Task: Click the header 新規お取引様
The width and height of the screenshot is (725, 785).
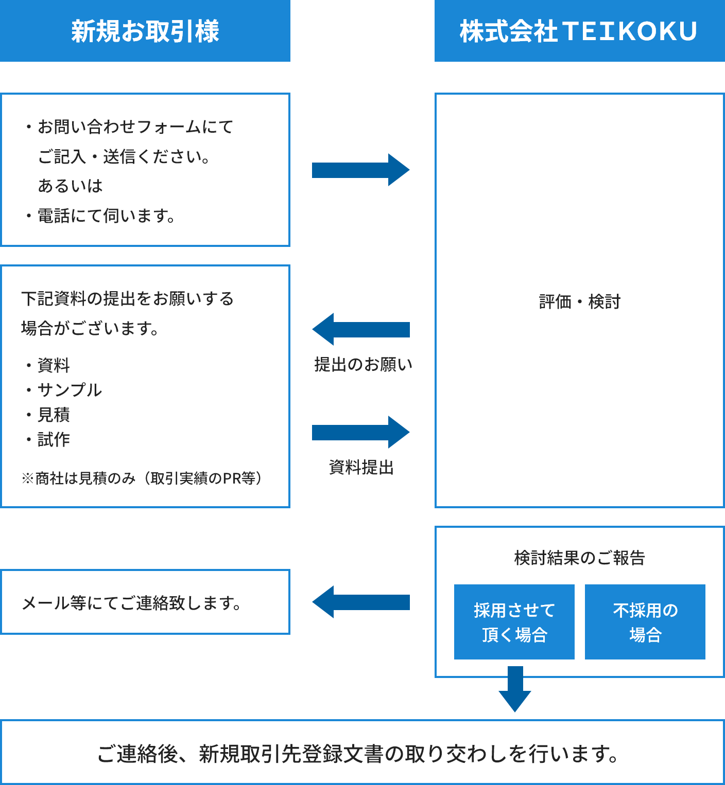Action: (145, 31)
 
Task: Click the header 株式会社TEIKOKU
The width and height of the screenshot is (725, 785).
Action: (579, 31)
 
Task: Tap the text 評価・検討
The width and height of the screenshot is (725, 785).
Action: (579, 301)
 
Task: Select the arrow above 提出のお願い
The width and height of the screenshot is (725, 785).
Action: (360, 329)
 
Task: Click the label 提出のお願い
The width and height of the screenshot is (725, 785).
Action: (363, 364)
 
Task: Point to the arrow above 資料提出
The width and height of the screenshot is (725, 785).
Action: (360, 432)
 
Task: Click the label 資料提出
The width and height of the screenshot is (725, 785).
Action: (361, 467)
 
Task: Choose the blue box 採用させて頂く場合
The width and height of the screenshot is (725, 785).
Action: (514, 622)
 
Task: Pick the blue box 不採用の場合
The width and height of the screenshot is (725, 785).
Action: (645, 622)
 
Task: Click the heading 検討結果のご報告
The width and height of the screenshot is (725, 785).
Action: (579, 558)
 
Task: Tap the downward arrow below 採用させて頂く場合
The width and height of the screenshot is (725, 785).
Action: (515, 689)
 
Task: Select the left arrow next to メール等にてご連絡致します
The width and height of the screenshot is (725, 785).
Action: (360, 602)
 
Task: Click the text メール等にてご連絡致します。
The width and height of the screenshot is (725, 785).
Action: (132, 602)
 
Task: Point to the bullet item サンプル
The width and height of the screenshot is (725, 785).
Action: (70, 390)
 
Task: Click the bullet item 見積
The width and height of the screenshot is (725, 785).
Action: (54, 415)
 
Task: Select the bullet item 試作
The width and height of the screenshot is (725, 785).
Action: (54, 439)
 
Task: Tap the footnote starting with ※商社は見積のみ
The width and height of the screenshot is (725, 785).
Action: (142, 478)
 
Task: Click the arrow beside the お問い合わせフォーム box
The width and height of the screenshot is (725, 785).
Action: (360, 170)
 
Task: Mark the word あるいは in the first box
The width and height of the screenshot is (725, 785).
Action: (71, 186)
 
